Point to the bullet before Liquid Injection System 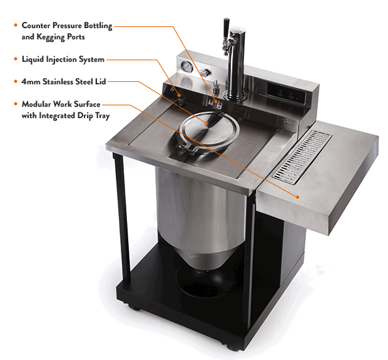coord(15,60)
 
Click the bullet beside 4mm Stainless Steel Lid coord(15,82)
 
